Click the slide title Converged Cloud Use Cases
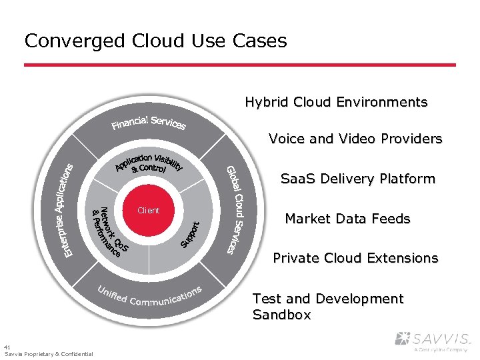click(x=155, y=41)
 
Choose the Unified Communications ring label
click(x=149, y=297)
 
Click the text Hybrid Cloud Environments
click(x=336, y=102)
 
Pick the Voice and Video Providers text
click(x=355, y=139)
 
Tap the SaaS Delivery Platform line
click(x=357, y=179)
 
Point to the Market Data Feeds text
click(x=347, y=219)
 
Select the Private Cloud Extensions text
click(x=355, y=258)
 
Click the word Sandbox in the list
click(x=281, y=315)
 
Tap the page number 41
click(x=7, y=347)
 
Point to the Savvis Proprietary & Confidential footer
click(x=49, y=354)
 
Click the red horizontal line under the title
click(x=240, y=65)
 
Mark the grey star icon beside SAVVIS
click(x=403, y=339)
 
